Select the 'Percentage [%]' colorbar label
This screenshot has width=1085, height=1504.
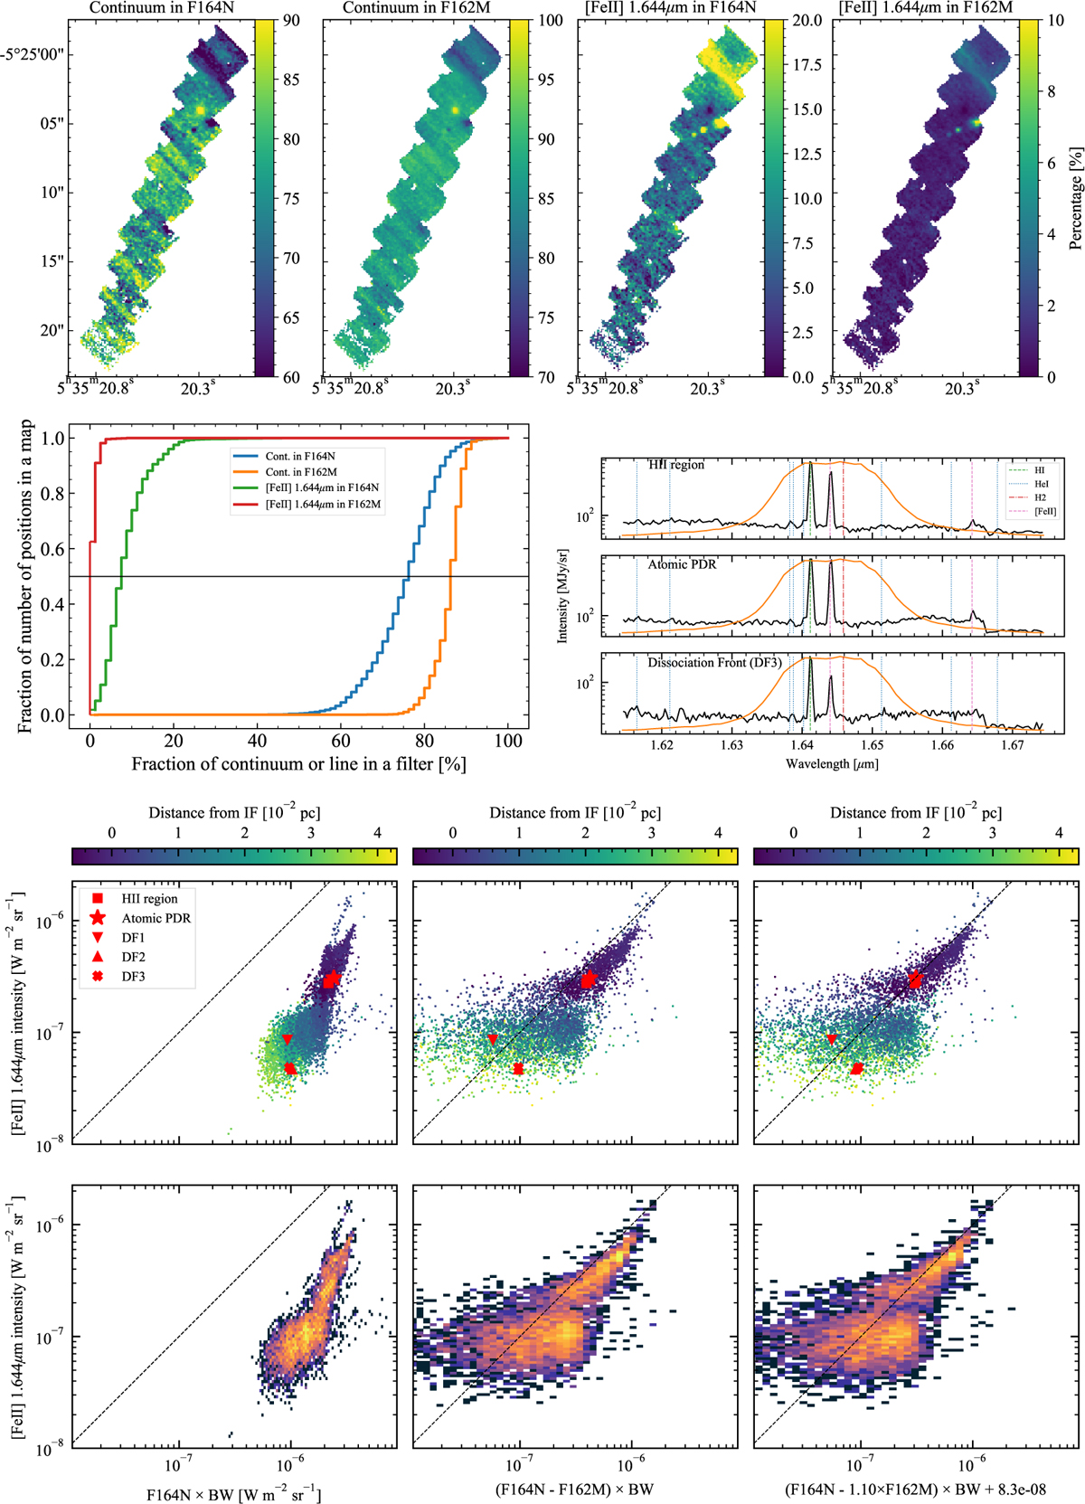pos(1075,199)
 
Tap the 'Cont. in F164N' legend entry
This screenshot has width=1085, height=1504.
pos(299,457)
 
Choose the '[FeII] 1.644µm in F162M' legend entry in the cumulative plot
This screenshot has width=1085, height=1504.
pos(322,505)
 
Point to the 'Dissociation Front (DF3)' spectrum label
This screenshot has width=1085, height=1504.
pos(714,663)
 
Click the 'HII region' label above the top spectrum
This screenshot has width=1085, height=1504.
pos(675,465)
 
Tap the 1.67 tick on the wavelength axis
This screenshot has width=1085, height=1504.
pos(1012,746)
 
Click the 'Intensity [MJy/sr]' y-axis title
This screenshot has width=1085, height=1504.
pos(562,595)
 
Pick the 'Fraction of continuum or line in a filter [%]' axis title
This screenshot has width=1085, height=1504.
pos(298,765)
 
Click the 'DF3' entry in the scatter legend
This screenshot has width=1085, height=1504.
pos(133,977)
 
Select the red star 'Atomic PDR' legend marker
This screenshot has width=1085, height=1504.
pos(98,918)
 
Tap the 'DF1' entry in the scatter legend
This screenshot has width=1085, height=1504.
pos(133,938)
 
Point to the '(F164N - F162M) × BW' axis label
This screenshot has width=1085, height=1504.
pos(574,1490)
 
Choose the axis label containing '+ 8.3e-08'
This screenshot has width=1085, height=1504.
pos(915,1490)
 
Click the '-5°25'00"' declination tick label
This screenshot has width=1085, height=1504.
pos(37,54)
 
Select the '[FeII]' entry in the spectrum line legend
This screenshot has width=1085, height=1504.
pos(1045,512)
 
